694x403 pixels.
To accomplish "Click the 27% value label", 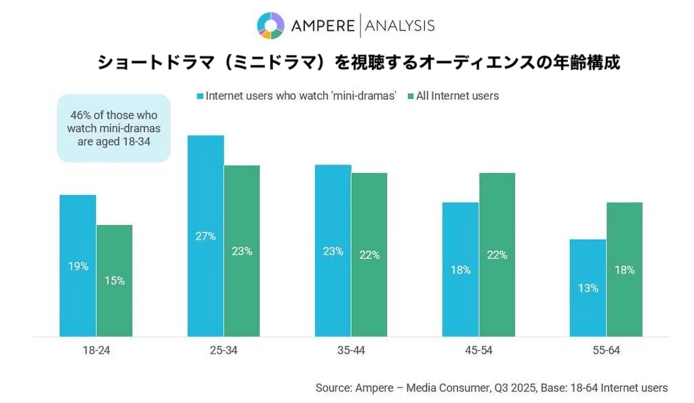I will (205, 236).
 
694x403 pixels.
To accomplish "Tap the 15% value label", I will (115, 280).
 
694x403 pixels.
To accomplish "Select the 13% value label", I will (588, 288).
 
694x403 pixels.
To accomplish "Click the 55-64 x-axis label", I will (605, 351).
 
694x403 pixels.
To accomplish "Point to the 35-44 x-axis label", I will (350, 351).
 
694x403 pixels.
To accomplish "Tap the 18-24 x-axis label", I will (96, 351).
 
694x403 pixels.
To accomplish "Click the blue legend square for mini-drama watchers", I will (200, 96).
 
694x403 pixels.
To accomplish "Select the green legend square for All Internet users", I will (411, 96).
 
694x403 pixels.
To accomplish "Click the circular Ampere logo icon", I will (270, 26).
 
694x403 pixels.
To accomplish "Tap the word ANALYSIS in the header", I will (400, 26).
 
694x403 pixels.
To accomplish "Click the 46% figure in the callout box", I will (81, 114).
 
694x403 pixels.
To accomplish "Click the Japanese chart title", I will (359, 63).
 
